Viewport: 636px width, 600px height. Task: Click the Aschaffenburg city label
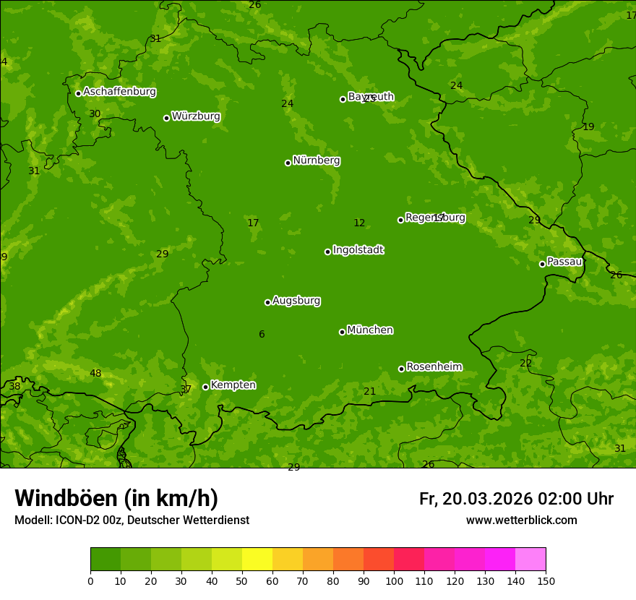coord(119,92)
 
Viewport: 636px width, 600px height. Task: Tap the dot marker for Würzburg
coord(166,118)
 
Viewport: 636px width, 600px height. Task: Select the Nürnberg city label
coord(316,160)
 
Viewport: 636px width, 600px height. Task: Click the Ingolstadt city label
coord(358,250)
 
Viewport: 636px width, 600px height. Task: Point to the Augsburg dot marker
coord(267,302)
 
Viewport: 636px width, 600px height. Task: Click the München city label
coord(369,330)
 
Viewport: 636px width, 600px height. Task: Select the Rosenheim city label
coord(434,367)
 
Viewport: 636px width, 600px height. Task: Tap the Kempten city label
coord(233,385)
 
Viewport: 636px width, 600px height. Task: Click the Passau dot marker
coord(542,264)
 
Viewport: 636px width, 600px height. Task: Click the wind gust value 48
coord(95,374)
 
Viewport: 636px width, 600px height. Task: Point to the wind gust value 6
coord(262,334)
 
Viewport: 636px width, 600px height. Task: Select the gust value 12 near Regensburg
coord(359,223)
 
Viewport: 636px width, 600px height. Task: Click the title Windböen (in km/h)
coord(116,498)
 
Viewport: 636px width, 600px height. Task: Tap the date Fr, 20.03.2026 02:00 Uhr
coord(516,499)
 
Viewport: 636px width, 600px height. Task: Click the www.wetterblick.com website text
coord(521,520)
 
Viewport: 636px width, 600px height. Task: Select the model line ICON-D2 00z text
coord(132,520)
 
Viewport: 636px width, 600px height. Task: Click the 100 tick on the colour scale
coord(394,580)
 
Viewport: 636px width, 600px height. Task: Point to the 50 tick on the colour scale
coord(242,580)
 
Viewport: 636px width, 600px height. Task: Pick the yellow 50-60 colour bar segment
coord(257,560)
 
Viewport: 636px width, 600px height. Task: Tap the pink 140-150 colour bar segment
coord(530,560)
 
